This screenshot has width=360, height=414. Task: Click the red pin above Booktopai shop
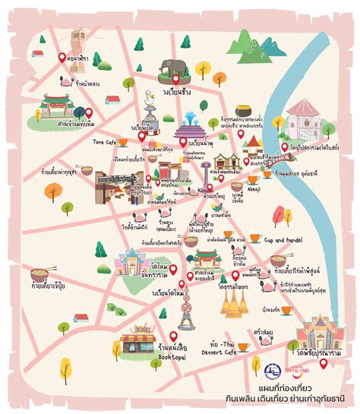[x=172, y=335]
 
